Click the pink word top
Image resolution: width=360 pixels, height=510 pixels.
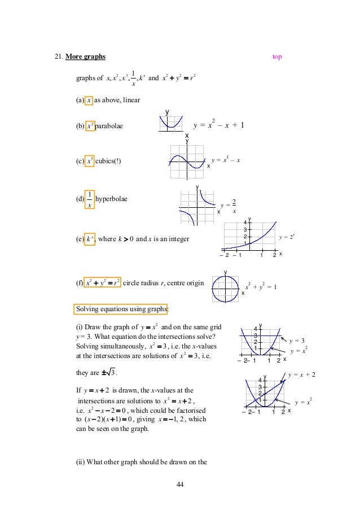click(277, 56)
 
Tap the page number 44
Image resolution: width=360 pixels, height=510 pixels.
click(180, 485)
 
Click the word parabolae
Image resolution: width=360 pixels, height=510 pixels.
click(109, 125)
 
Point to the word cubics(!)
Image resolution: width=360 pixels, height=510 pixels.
click(108, 160)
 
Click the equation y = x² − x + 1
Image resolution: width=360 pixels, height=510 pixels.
click(218, 125)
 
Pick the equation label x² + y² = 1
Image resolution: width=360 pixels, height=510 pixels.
click(260, 288)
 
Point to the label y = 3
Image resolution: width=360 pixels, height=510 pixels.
click(297, 341)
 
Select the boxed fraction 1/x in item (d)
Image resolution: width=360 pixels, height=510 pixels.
click(89, 199)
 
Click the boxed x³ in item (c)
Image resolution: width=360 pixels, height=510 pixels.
click(90, 160)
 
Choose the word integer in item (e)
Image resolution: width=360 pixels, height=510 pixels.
click(178, 239)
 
